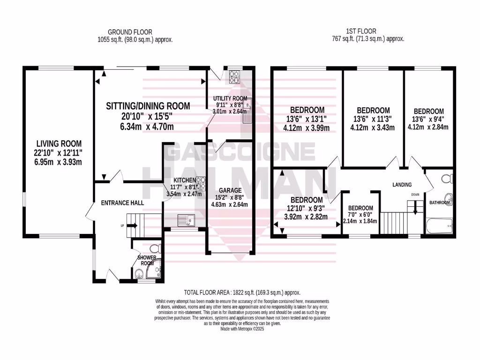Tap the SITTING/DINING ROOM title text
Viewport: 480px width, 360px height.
tap(148, 106)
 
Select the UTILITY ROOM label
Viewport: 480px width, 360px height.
tap(230, 98)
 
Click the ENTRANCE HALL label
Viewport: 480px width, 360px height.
tap(122, 203)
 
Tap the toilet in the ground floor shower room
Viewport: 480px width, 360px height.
tap(152, 248)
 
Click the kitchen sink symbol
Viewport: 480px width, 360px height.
tap(187, 219)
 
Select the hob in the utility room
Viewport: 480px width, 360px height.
tap(234, 76)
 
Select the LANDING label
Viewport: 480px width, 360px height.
tap(402, 185)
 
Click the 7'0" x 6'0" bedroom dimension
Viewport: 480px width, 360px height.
tap(360, 215)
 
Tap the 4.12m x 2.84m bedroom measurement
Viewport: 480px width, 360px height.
tap(428, 127)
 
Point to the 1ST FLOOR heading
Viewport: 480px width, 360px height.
tap(367, 32)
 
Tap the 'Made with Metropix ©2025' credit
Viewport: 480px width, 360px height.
tap(242, 330)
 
